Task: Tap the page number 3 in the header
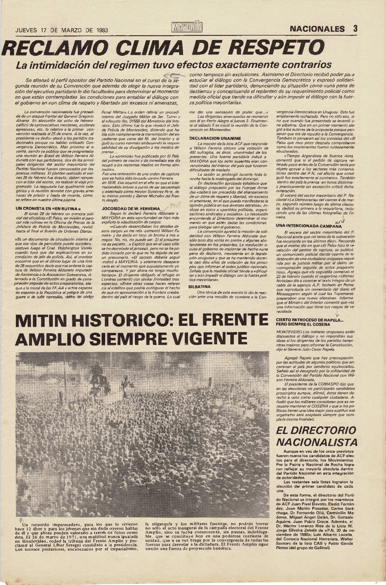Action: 355,29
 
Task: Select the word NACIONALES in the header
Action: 317,29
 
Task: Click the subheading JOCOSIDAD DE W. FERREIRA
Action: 130,208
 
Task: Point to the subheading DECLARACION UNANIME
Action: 211,138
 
